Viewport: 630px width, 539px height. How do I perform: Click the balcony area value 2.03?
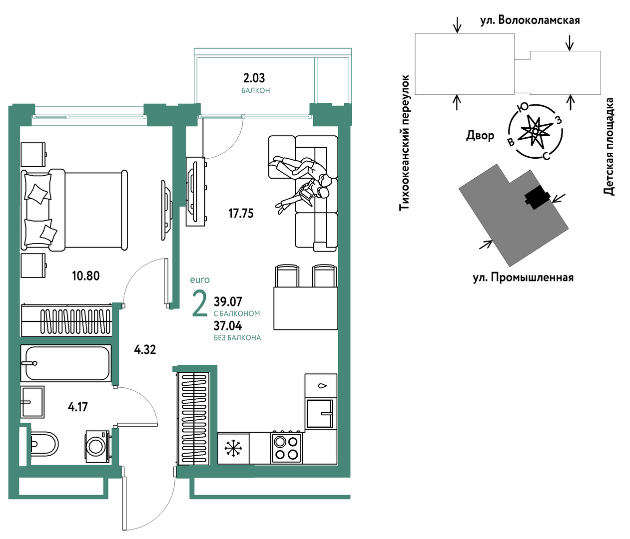point(254,78)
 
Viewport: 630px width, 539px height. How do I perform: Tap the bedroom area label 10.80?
point(85,276)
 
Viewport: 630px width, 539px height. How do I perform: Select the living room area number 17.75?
point(241,214)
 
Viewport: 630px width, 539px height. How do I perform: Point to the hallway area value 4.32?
point(145,349)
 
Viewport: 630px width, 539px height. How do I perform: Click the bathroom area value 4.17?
point(78,407)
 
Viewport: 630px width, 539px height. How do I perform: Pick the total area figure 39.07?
point(228,301)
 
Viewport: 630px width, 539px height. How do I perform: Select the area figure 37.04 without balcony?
point(228,326)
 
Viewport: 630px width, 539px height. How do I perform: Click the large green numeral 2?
point(200,303)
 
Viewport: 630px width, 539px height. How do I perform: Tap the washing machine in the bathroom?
point(97,447)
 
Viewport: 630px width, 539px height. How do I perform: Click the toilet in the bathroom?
point(44,444)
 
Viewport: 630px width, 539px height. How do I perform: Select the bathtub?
point(66,363)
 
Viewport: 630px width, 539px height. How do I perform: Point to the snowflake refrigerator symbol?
point(233,448)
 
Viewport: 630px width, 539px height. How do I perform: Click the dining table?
point(306,308)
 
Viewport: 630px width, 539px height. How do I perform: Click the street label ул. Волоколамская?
point(530,20)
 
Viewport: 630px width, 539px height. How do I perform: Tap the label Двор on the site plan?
point(480,136)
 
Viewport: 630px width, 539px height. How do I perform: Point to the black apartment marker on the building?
point(537,197)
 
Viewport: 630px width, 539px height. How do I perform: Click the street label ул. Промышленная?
point(523,277)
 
